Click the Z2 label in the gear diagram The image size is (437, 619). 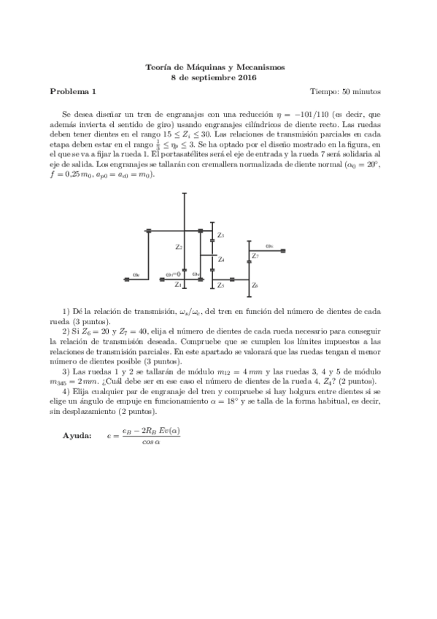[178, 247]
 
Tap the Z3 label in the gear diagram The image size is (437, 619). [221, 235]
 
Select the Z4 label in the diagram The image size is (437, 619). [221, 260]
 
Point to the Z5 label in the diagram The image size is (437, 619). [220, 285]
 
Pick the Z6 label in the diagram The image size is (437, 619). [254, 285]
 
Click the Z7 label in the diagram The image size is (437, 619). [255, 256]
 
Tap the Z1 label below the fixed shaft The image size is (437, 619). [178, 285]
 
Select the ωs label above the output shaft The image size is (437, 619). [269, 246]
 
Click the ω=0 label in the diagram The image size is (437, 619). [173, 274]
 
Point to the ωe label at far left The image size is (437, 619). [136, 274]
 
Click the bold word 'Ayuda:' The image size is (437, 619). [77, 435]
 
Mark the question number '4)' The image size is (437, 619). [66, 391]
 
